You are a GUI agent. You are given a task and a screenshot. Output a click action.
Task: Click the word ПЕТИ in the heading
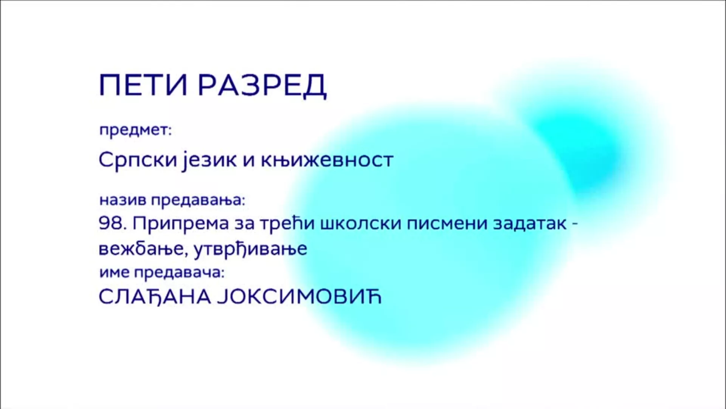(x=143, y=85)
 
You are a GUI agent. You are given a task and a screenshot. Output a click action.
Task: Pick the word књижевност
(x=327, y=160)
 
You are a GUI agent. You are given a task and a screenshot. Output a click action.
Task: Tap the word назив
(x=123, y=200)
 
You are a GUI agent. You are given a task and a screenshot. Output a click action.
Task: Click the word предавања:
(x=199, y=200)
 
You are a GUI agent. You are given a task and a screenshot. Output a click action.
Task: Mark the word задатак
(x=530, y=224)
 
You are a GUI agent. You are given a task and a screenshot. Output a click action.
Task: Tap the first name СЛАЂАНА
(x=155, y=297)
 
